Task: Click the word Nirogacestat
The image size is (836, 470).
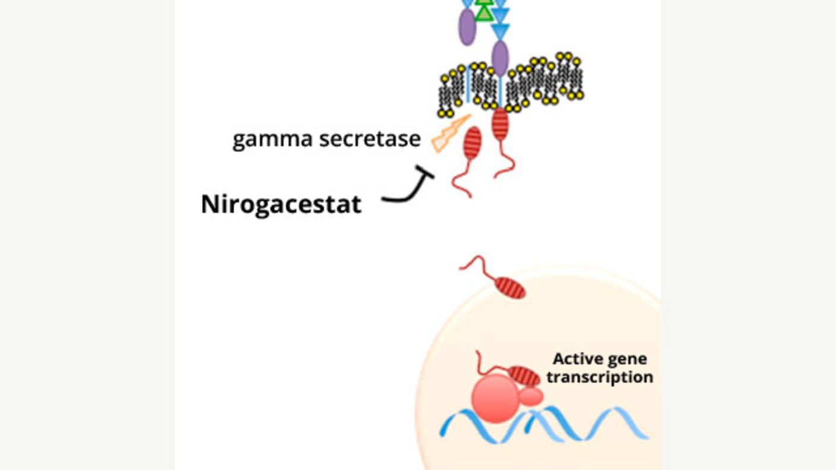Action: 281,205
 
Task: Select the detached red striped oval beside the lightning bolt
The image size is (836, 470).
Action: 472,143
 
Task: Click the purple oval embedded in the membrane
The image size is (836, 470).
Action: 501,58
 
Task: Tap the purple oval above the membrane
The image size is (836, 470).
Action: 467,27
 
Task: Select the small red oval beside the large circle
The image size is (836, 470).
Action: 531,396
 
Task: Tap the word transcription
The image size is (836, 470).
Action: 600,377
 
